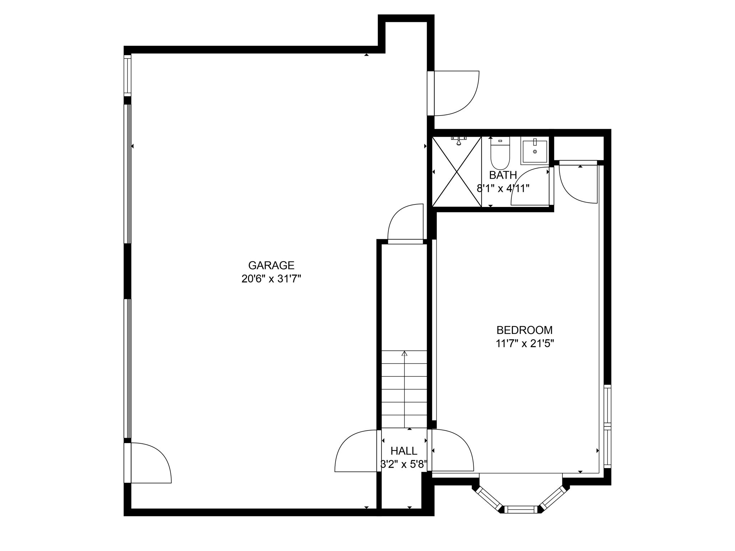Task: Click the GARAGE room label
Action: [x=271, y=265]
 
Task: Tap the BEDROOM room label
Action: [x=524, y=330]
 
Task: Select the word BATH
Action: [x=503, y=175]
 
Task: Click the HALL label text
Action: [x=404, y=451]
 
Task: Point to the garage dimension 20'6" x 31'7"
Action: [x=271, y=279]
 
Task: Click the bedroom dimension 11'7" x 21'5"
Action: [x=525, y=344]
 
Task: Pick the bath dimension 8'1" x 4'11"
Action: [x=503, y=188]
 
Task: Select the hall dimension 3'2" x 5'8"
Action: [x=404, y=465]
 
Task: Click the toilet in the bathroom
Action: [x=500, y=154]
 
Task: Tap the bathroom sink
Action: [x=535, y=151]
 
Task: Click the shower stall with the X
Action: [x=457, y=172]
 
